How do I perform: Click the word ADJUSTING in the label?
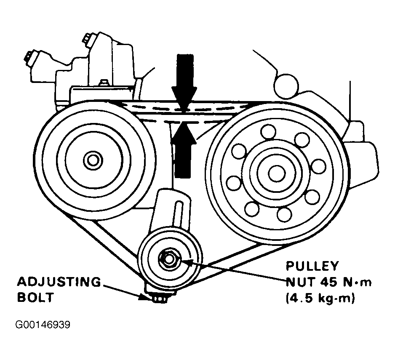(x=59, y=282)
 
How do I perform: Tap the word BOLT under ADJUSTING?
(x=35, y=297)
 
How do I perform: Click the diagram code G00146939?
(x=43, y=325)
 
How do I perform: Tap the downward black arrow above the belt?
(x=184, y=80)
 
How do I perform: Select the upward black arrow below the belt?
(x=184, y=147)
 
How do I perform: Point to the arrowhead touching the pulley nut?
(x=185, y=262)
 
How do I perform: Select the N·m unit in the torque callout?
(x=358, y=282)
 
